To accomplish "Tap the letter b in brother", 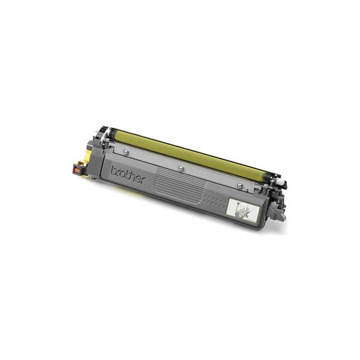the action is (114, 170).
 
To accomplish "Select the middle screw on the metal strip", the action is (181, 168).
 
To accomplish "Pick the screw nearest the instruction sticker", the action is (239, 185).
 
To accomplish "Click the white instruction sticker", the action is (243, 211).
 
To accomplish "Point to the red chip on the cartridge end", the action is (76, 171).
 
